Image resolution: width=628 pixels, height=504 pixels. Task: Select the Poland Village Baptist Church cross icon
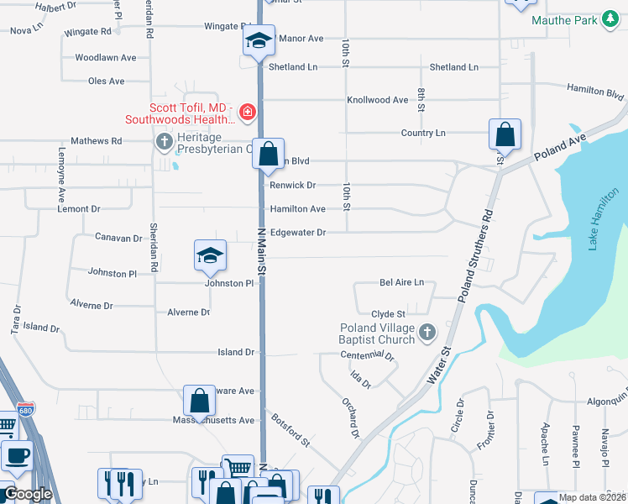(x=427, y=333)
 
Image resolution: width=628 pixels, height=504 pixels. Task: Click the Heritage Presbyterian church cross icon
(x=164, y=142)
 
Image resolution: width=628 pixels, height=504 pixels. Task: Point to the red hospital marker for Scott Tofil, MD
(x=247, y=112)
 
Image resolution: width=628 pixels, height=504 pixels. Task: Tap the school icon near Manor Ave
(x=259, y=40)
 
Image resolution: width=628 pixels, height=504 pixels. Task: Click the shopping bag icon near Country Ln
(x=505, y=134)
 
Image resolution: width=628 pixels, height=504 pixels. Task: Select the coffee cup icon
(x=16, y=456)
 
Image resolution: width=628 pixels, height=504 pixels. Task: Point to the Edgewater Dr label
(x=297, y=232)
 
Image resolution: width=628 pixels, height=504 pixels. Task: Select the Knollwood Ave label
(x=378, y=100)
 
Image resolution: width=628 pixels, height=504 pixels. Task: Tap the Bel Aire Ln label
(x=402, y=283)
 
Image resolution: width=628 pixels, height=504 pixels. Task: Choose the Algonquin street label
(x=607, y=402)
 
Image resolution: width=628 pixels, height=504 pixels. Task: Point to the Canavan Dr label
(x=118, y=238)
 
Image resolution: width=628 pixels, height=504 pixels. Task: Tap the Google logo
(x=28, y=494)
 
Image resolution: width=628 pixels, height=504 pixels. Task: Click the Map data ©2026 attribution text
(x=592, y=497)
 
